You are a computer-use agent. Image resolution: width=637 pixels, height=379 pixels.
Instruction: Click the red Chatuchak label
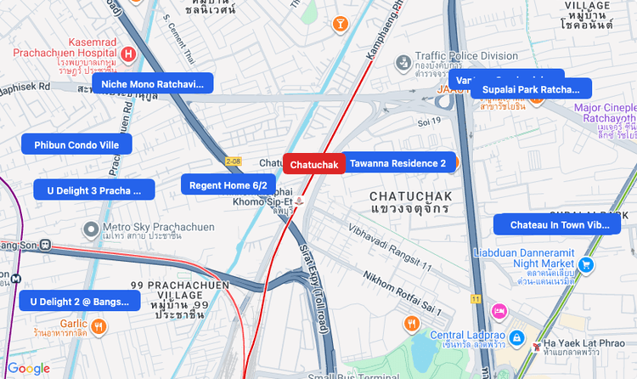click(314, 164)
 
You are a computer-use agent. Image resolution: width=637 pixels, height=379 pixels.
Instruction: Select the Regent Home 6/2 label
click(228, 185)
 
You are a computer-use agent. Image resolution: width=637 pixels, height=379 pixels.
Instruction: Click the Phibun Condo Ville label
click(76, 145)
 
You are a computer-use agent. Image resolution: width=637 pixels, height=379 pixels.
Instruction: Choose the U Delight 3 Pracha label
click(94, 190)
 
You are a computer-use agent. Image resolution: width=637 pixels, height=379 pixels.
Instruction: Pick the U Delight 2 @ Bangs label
click(79, 301)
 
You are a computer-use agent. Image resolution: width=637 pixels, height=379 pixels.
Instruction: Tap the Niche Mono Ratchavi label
click(153, 83)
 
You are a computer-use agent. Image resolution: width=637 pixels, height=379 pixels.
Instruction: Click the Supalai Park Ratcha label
click(530, 89)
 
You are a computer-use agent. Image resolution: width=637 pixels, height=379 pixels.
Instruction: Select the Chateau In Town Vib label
click(560, 225)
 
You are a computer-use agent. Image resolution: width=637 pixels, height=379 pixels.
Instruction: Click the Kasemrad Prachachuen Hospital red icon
click(127, 54)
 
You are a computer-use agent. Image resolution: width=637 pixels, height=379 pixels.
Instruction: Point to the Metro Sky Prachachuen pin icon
click(91, 229)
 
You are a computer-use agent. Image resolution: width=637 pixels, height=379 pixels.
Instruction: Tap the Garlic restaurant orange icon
click(99, 325)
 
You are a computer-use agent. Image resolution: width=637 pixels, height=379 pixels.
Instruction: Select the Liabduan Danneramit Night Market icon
click(587, 263)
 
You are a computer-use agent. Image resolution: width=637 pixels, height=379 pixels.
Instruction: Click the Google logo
click(28, 368)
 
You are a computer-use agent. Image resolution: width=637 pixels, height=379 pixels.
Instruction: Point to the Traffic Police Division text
click(466, 56)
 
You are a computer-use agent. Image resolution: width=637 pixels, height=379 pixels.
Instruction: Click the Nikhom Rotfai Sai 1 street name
click(403, 289)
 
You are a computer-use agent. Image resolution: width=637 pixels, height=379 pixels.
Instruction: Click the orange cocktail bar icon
click(341, 24)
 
